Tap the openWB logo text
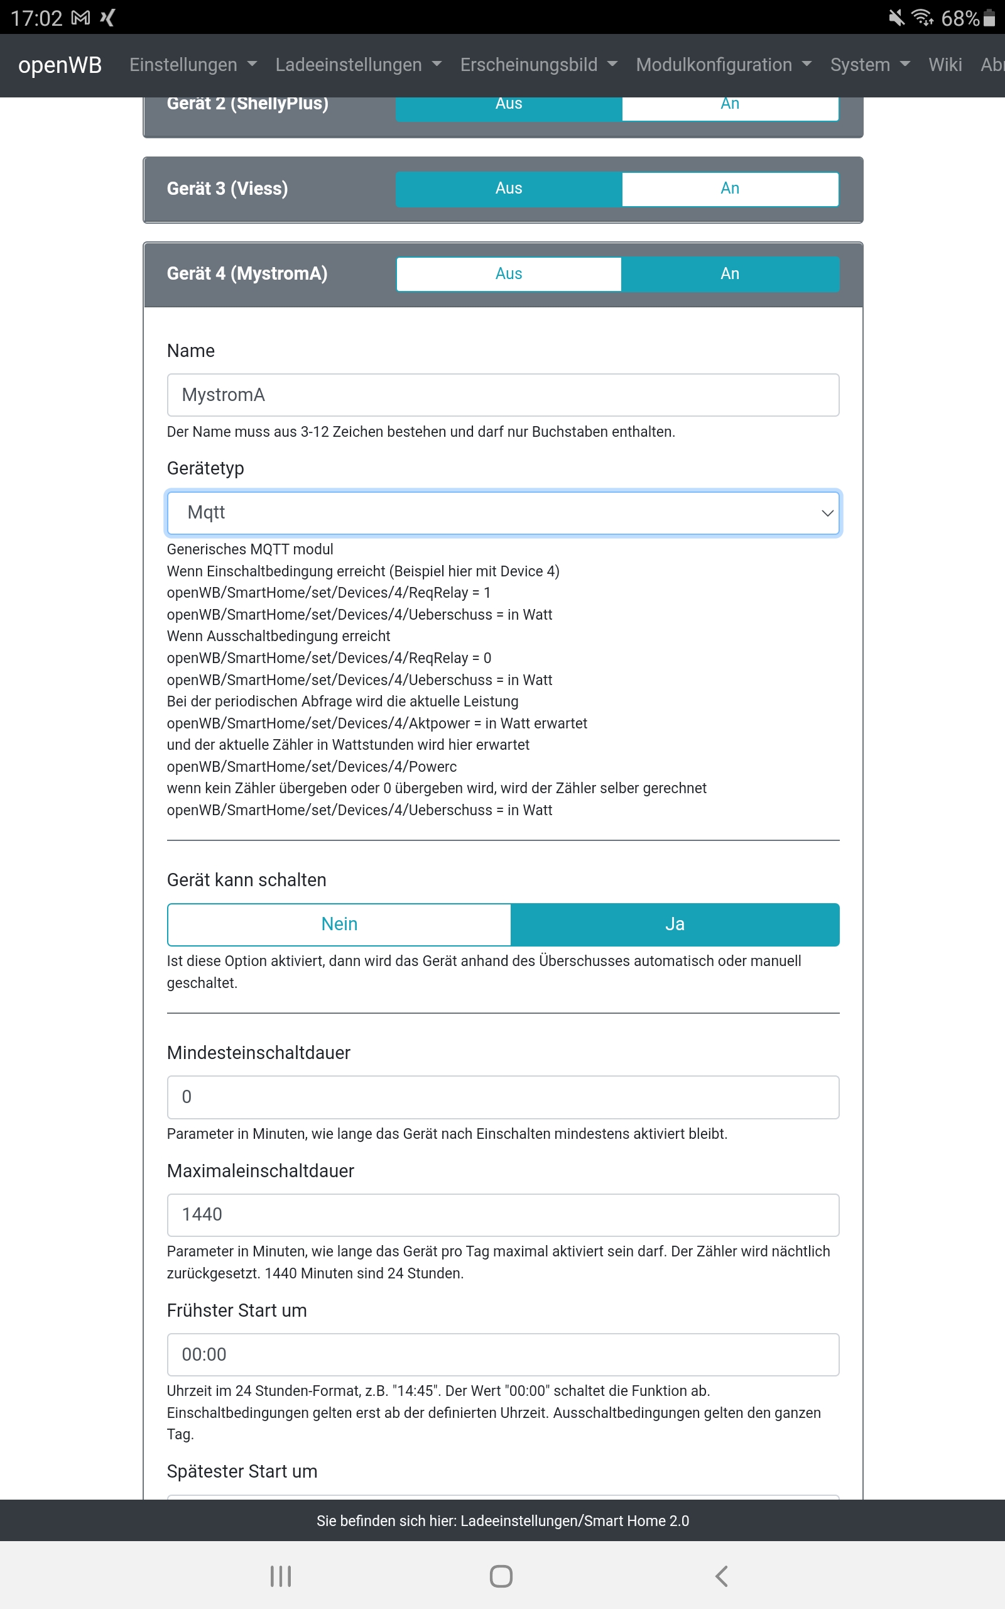(x=60, y=65)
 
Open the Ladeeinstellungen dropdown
(x=357, y=65)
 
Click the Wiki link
(x=945, y=65)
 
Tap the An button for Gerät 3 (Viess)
(x=730, y=189)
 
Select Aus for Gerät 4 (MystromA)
(x=509, y=274)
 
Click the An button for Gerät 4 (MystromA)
(x=730, y=274)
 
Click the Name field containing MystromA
(x=503, y=395)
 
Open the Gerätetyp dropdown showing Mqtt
(x=503, y=513)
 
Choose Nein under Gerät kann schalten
(x=339, y=924)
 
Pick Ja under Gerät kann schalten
(x=675, y=924)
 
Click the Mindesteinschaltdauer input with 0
(x=503, y=1097)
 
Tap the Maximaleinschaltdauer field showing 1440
(x=503, y=1215)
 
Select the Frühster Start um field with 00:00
(x=503, y=1354)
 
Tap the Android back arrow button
(x=722, y=1576)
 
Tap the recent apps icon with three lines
(x=281, y=1576)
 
